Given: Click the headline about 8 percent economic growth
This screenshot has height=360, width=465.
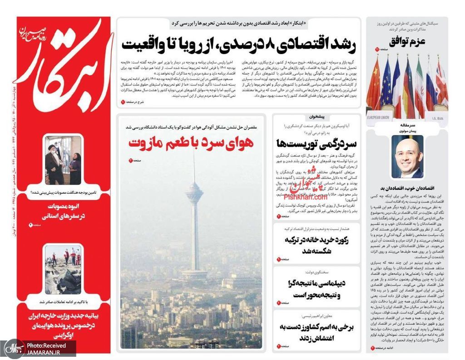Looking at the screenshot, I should coord(239,45).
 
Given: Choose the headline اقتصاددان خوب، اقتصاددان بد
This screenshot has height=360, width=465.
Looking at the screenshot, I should coord(407,188).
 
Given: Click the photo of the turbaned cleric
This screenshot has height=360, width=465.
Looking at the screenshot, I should coord(63,160).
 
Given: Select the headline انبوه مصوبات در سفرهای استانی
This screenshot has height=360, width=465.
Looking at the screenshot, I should coord(64,211).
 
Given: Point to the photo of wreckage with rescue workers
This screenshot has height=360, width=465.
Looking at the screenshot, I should coord(63,270).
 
